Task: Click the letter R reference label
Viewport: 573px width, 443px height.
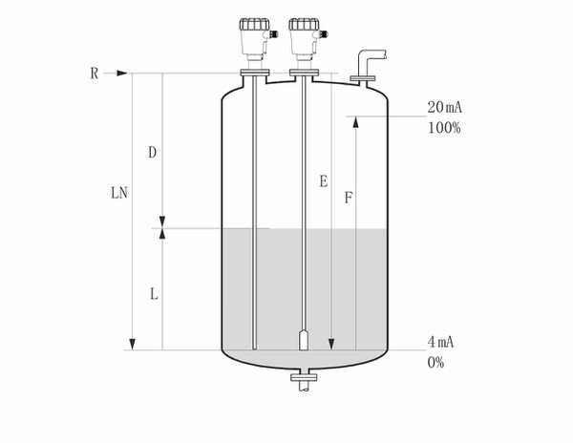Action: tap(95, 74)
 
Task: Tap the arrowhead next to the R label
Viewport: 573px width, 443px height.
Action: tap(122, 74)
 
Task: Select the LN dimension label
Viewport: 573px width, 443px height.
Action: tap(119, 193)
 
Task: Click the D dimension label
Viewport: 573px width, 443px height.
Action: tap(153, 153)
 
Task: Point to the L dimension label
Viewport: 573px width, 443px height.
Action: tap(154, 294)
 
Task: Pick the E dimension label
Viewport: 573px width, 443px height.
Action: tap(324, 181)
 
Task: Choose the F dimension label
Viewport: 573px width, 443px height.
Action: tap(349, 198)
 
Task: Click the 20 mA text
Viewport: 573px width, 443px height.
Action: tap(445, 107)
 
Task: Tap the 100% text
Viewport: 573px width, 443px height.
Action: tap(444, 128)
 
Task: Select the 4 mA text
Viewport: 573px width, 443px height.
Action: tap(440, 342)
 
